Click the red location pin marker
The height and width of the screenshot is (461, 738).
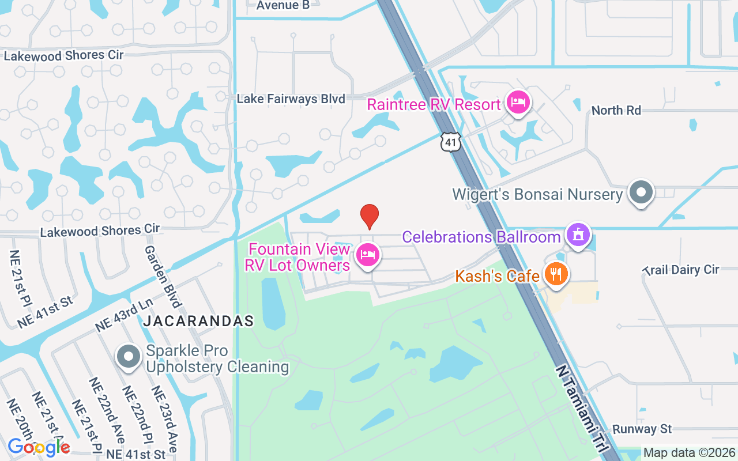[370, 216]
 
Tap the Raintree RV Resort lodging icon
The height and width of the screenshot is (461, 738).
[518, 103]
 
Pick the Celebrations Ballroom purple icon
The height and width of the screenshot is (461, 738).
[578, 235]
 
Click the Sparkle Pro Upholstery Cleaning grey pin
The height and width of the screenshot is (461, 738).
[129, 356]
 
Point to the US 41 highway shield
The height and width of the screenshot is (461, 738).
[451, 141]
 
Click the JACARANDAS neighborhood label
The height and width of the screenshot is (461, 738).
[198, 321]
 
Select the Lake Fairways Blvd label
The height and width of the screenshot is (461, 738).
[291, 99]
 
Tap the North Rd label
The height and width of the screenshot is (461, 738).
[616, 110]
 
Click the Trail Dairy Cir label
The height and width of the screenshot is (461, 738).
[681, 270]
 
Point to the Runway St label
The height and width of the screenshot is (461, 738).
[642, 429]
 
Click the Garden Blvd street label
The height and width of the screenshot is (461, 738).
[163, 276]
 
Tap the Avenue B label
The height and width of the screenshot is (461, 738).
[283, 5]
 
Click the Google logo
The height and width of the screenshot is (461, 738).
[39, 447]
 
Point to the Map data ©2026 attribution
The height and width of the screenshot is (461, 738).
[690, 453]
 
